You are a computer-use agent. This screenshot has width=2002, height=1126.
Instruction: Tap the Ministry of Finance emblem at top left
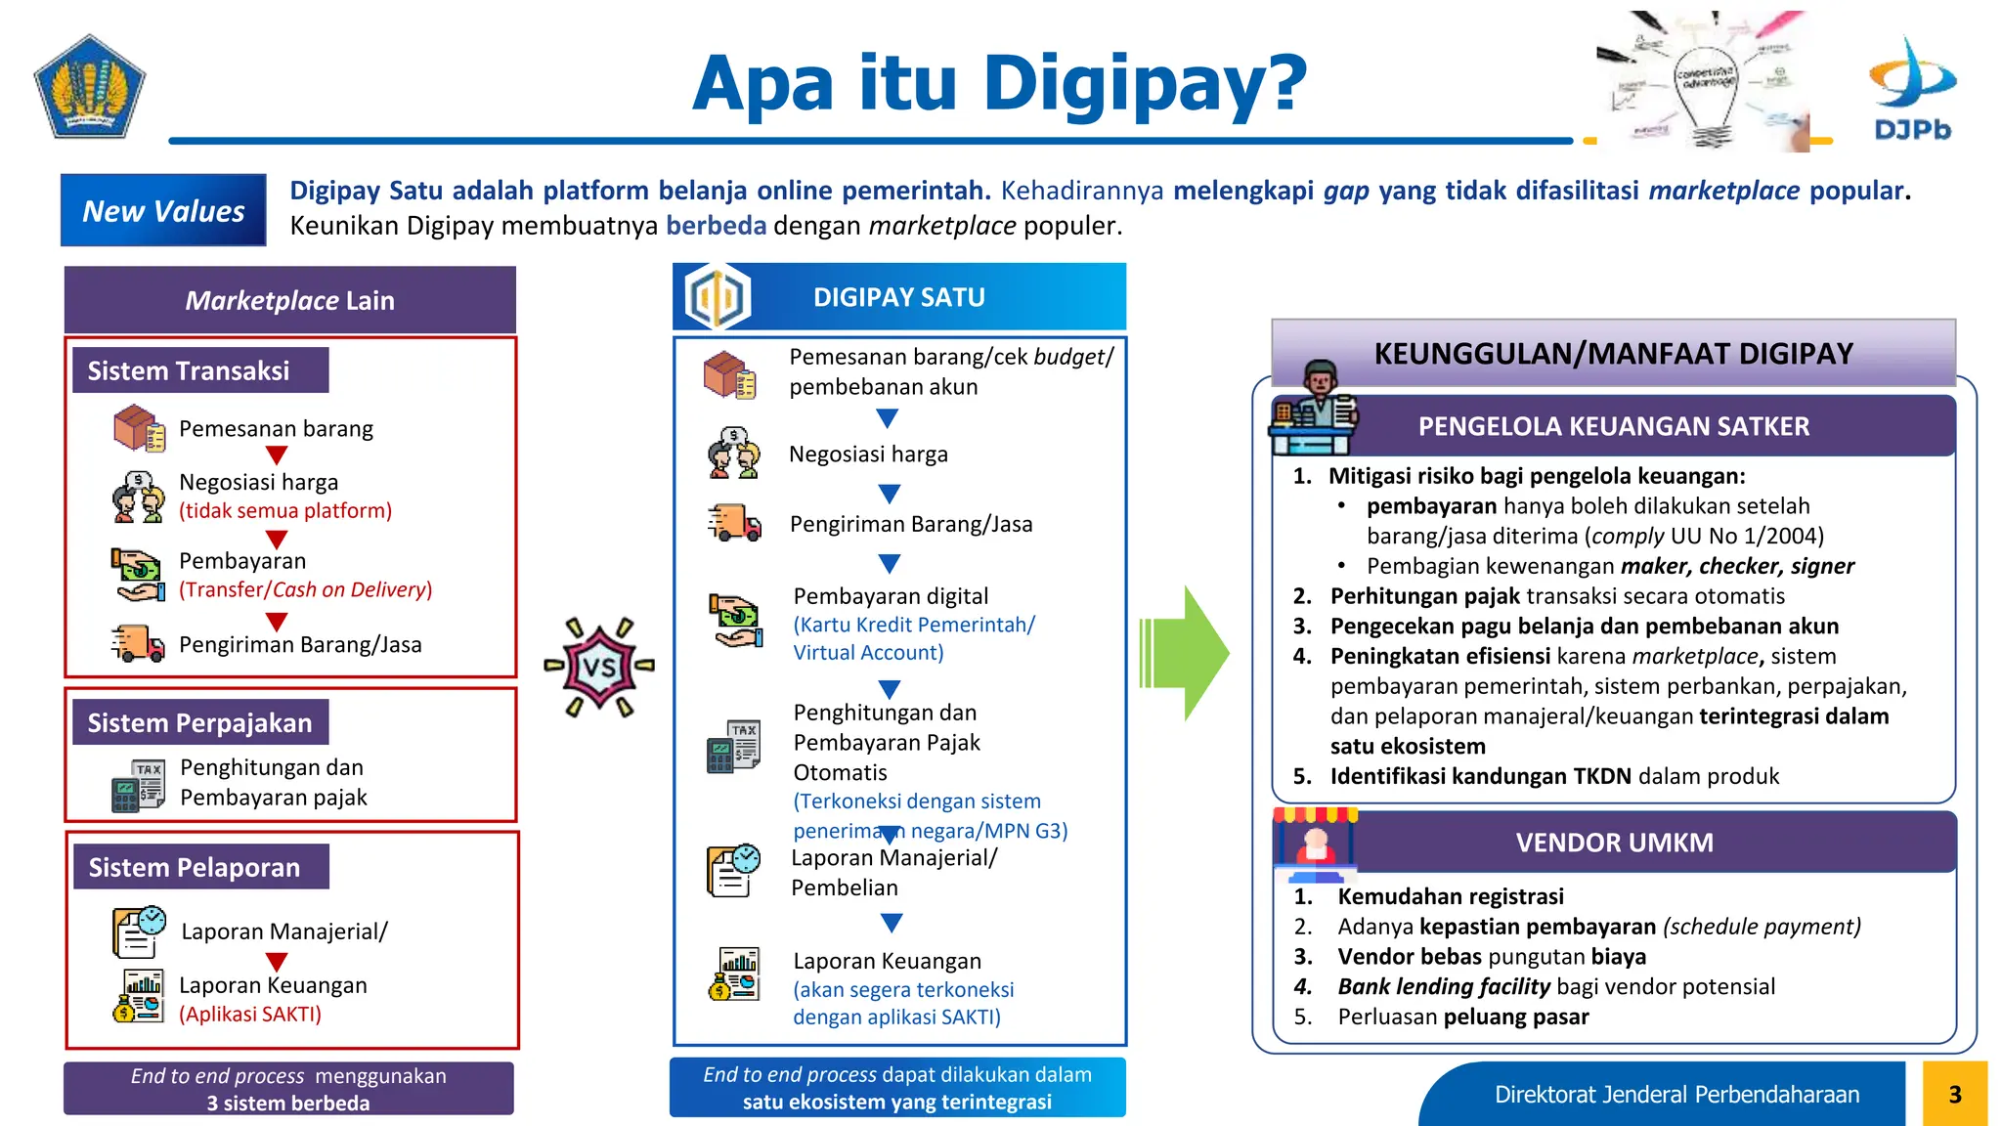coord(89,88)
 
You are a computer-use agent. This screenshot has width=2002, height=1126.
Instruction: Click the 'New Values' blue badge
coord(163,210)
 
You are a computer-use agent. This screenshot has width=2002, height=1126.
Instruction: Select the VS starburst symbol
coord(599,667)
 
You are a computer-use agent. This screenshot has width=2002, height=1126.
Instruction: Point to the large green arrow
coord(1185,652)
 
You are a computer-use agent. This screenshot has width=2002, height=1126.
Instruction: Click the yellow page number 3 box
coord(1954,1094)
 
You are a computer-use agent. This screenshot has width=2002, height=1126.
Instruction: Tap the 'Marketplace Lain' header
coord(290,300)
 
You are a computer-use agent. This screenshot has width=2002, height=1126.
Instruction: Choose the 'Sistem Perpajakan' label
coord(200,722)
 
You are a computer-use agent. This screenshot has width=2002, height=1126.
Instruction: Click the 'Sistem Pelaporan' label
coord(196,867)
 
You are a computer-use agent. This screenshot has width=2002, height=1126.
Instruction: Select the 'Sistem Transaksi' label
coord(190,370)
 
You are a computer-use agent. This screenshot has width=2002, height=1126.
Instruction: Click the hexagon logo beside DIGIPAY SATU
coord(718,297)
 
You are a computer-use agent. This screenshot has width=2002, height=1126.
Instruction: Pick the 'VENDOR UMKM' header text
coord(1614,843)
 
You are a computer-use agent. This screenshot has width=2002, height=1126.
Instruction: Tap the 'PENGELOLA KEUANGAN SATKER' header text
coord(1613,426)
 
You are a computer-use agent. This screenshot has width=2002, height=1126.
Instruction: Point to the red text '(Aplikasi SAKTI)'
coord(250,1014)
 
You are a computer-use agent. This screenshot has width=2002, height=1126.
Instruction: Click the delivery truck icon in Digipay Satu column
coord(734,523)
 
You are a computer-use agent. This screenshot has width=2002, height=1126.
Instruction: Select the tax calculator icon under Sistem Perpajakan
coord(138,785)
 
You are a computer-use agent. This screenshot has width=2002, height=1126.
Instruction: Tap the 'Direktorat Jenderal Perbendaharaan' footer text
coord(1676,1095)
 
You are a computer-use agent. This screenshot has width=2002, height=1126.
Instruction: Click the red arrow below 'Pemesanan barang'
coord(277,455)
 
